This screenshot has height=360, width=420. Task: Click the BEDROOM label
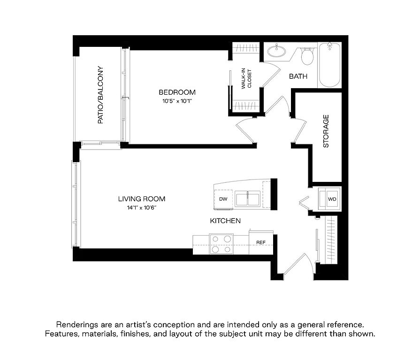177,92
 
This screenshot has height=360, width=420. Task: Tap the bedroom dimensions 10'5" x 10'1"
177,101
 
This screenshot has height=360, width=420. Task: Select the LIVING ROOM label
142,199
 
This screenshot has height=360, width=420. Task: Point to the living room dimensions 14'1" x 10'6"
142,208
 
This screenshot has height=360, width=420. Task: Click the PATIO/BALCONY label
100,95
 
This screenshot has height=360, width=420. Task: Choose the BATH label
298,76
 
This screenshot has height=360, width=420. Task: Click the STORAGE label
326,131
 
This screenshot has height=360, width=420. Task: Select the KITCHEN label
225,221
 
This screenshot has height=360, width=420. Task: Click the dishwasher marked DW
223,199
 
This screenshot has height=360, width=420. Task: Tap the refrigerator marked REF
261,242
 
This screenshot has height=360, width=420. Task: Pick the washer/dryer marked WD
329,199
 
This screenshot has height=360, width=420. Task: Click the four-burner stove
221,244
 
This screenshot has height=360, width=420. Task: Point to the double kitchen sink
247,199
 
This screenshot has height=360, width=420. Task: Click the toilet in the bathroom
307,56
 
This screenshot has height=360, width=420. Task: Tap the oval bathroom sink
276,51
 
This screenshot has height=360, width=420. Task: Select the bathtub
329,65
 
